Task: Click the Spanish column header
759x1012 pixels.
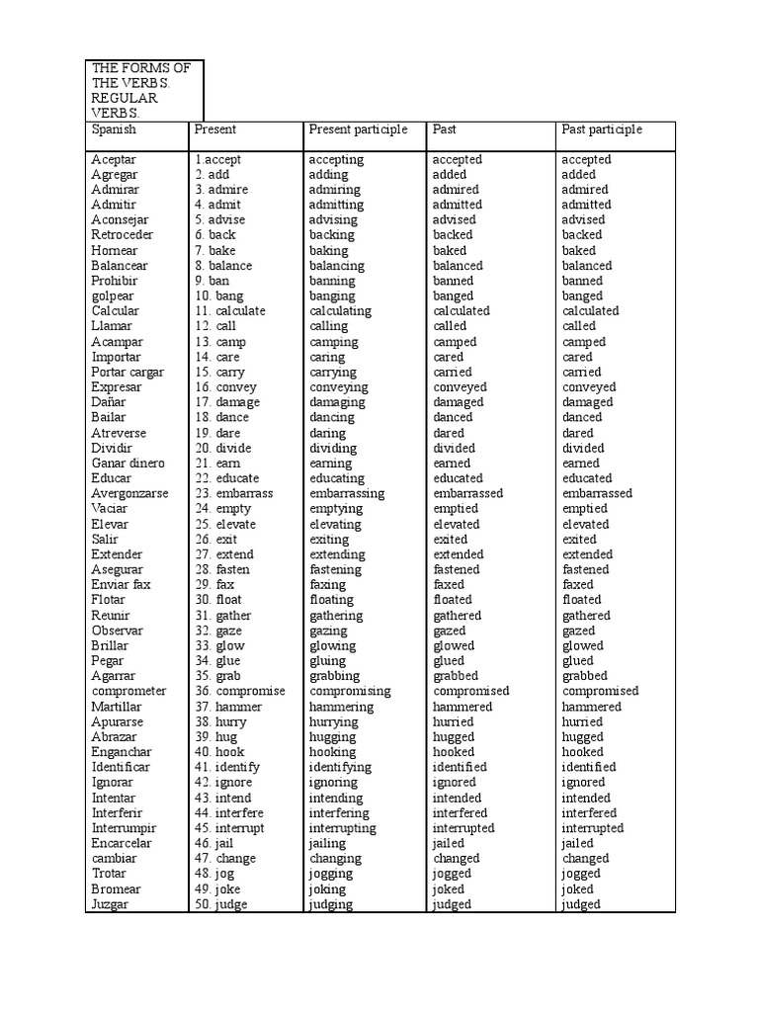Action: click(x=114, y=129)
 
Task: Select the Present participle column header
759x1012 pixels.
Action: click(x=358, y=129)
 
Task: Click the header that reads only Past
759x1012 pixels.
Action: click(x=445, y=129)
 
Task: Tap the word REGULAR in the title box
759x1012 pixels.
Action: click(x=126, y=99)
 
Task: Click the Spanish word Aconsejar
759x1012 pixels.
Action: click(x=121, y=219)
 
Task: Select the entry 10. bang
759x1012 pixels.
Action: click(x=218, y=295)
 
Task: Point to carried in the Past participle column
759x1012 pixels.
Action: click(x=581, y=372)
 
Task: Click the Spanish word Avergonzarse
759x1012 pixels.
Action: click(x=129, y=493)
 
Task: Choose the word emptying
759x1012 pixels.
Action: click(x=336, y=508)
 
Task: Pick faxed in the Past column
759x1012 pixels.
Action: click(x=449, y=584)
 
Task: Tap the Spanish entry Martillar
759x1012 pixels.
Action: click(x=117, y=707)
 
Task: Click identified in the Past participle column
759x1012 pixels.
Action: click(x=589, y=767)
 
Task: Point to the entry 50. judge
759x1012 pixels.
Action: click(x=220, y=904)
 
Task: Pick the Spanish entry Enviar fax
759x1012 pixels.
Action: click(x=122, y=584)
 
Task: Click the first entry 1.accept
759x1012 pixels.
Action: click(x=217, y=159)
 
